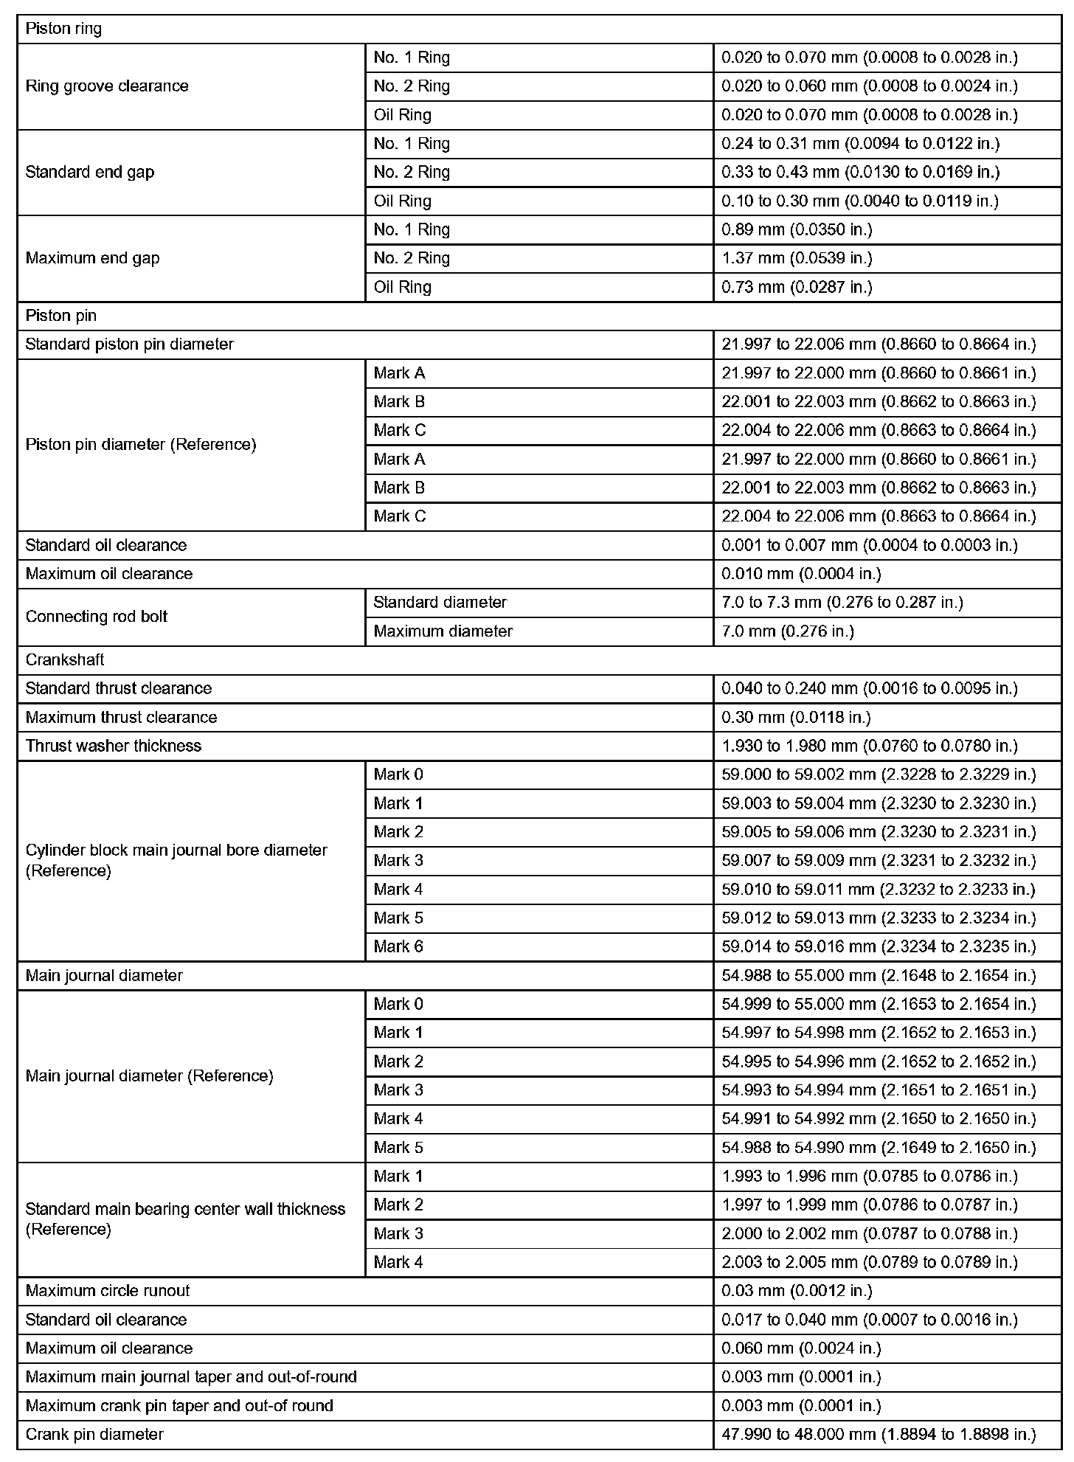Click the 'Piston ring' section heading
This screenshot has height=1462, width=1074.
(63, 29)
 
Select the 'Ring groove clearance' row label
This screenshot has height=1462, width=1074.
(107, 86)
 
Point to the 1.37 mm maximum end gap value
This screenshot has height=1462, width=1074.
(797, 258)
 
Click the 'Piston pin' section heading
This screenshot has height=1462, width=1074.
(60, 316)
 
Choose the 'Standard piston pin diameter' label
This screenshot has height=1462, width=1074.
(129, 344)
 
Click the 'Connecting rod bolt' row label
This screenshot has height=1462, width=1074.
(96, 617)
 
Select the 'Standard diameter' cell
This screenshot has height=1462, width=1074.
(440, 603)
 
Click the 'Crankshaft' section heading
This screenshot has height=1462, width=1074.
(64, 660)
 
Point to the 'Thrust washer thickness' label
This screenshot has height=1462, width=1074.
(113, 746)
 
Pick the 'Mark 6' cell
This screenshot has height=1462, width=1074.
(398, 946)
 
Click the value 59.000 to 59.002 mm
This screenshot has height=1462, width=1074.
(879, 775)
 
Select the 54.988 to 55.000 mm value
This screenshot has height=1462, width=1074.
(879, 976)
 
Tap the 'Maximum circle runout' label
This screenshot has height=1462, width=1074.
(107, 1291)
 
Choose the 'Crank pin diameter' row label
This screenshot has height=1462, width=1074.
(94, 1434)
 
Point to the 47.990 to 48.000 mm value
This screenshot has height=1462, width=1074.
(879, 1434)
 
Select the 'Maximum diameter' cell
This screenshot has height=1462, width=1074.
(443, 631)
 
